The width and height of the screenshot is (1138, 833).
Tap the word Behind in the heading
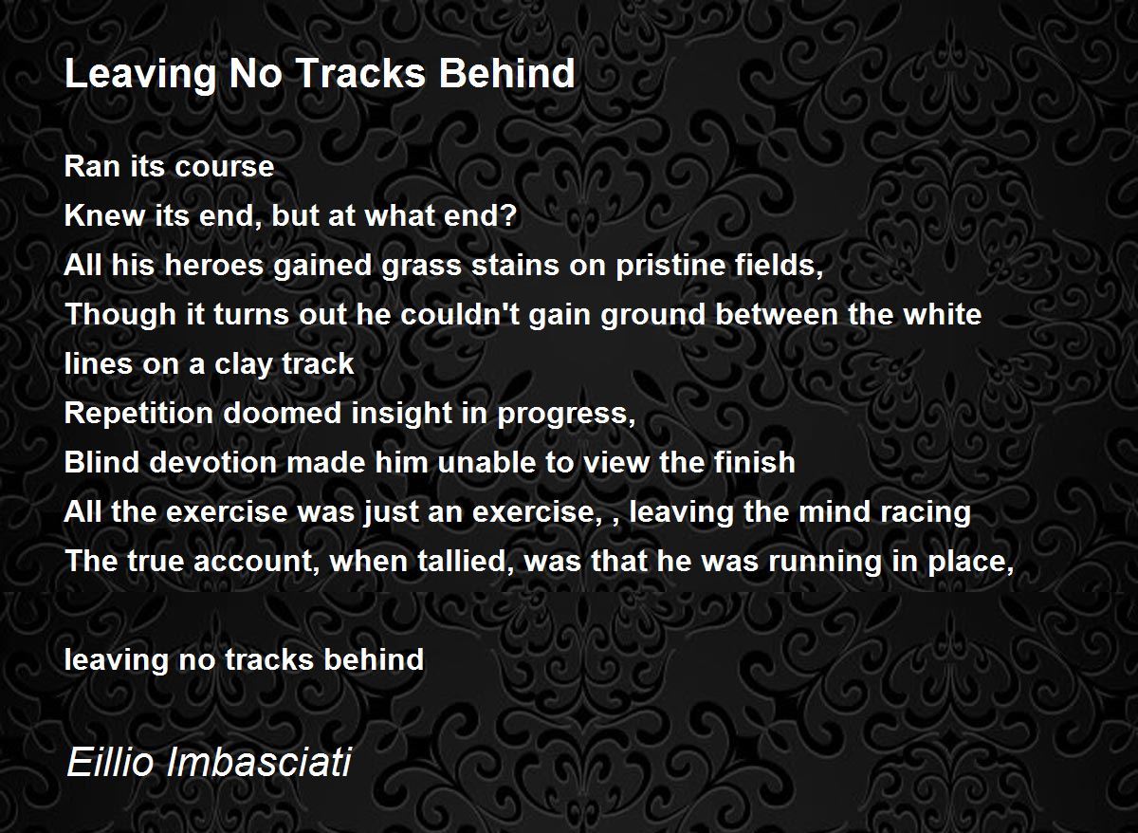[x=506, y=73]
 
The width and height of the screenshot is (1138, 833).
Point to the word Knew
[x=104, y=215]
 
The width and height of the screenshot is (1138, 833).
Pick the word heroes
[x=213, y=265]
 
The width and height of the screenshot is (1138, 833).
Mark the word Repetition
[x=138, y=413]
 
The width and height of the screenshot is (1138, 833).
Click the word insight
[x=401, y=413]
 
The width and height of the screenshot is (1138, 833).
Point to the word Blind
[x=101, y=462]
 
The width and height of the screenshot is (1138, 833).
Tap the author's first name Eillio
[x=110, y=761]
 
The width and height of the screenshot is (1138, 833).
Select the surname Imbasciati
[x=259, y=761]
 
